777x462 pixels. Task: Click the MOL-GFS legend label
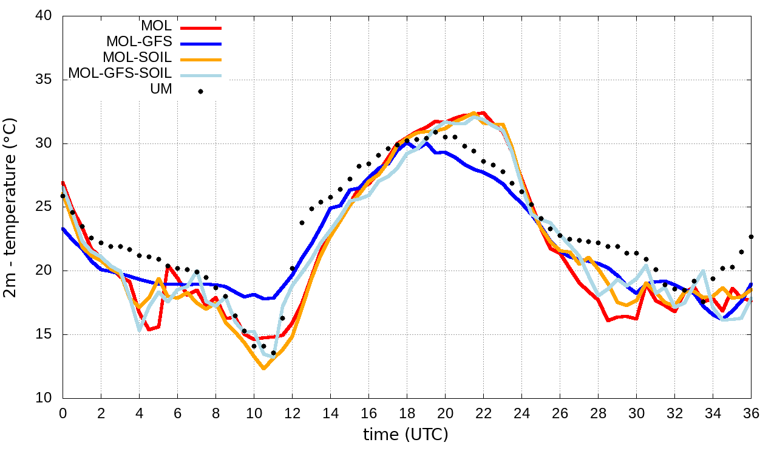[139, 42]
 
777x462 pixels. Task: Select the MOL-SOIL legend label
[137, 58]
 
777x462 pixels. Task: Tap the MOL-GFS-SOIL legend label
[120, 74]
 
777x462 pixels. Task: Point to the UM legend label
[161, 89]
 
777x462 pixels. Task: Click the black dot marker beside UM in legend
[200, 92]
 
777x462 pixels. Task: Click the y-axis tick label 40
[43, 16]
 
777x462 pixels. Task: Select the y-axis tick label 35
[43, 80]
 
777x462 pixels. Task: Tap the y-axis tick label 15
[43, 335]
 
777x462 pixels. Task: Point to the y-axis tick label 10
[43, 398]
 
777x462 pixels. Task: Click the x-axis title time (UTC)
[405, 435]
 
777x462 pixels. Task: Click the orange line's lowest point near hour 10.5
[263, 368]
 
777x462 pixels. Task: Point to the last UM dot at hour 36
[751, 236]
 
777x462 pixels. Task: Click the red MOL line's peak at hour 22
[483, 112]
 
